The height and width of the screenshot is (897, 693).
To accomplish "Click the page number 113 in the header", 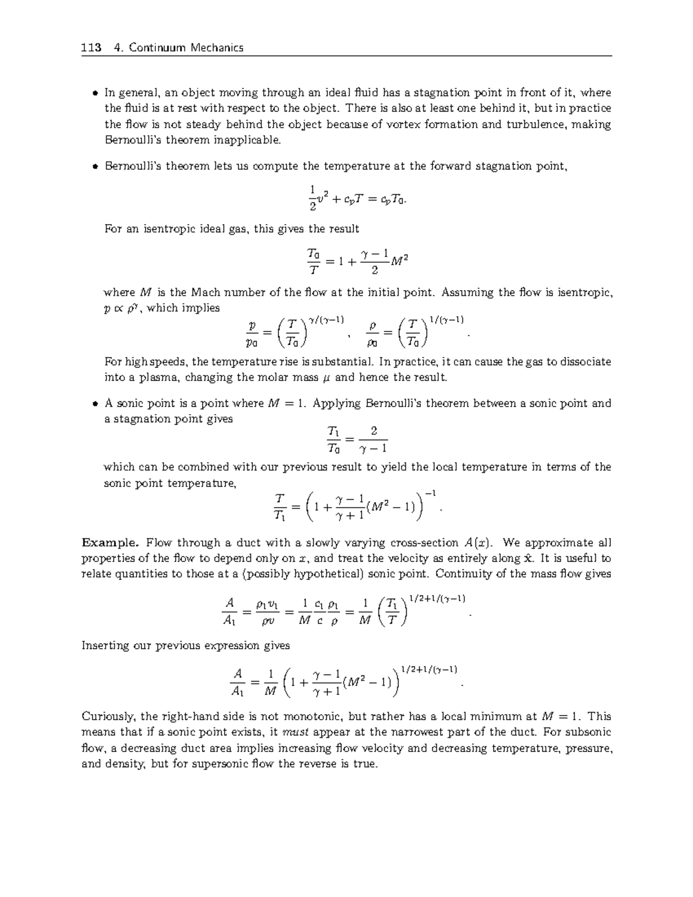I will coord(92,47).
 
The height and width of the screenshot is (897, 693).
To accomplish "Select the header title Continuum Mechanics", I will coord(186,47).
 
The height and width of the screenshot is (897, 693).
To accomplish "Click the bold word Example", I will coord(110,542).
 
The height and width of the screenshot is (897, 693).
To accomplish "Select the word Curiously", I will coord(108,717).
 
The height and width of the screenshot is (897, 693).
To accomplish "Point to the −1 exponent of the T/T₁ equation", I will coord(430,493).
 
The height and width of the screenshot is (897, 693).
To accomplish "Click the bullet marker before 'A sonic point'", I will coord(95,404).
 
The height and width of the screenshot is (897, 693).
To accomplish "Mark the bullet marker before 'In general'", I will coord(95,93).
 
